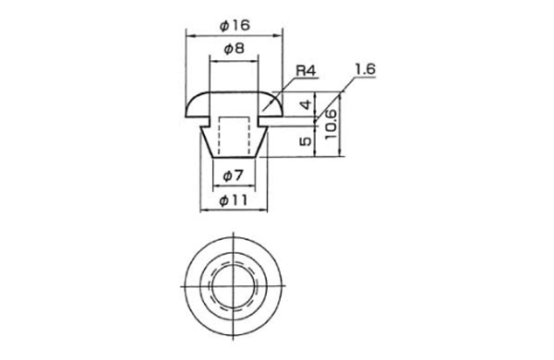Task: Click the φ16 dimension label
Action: tap(235, 26)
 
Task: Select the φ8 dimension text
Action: tap(234, 48)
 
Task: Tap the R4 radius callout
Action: tap(306, 71)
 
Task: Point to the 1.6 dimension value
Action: tap(366, 69)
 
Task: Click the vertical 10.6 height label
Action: tap(331, 124)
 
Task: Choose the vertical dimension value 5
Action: tap(306, 141)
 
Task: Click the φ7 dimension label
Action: tap(234, 175)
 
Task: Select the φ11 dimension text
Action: tap(234, 200)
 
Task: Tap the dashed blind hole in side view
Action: tap(234, 136)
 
